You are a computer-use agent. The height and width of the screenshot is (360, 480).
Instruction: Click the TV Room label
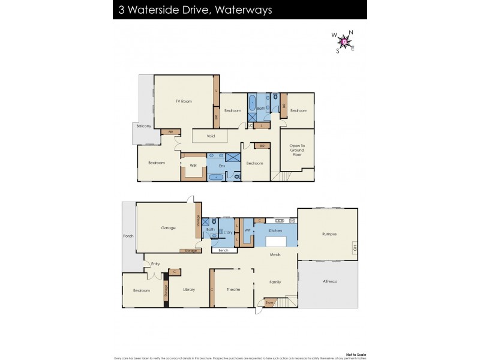click(184, 101)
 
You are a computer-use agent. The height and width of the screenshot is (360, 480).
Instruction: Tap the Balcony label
click(143, 126)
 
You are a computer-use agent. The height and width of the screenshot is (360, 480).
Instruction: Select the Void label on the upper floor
click(211, 136)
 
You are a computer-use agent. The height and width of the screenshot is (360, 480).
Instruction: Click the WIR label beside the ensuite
click(193, 165)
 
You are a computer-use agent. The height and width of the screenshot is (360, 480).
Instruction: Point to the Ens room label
click(221, 165)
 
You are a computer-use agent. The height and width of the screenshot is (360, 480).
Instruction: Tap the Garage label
click(168, 228)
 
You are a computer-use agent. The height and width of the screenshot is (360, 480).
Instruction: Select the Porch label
click(128, 236)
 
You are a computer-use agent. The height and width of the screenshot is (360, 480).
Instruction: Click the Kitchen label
click(275, 230)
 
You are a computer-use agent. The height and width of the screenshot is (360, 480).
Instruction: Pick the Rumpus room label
click(329, 234)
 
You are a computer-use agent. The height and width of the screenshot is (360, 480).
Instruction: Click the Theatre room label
click(233, 290)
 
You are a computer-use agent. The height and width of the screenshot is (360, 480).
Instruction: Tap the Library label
click(189, 290)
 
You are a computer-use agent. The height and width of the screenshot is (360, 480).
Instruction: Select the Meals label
click(275, 254)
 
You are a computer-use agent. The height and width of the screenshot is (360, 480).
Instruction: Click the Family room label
click(275, 282)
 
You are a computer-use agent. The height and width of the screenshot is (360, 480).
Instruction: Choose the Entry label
click(155, 263)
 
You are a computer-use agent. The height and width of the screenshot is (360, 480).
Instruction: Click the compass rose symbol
click(344, 41)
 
